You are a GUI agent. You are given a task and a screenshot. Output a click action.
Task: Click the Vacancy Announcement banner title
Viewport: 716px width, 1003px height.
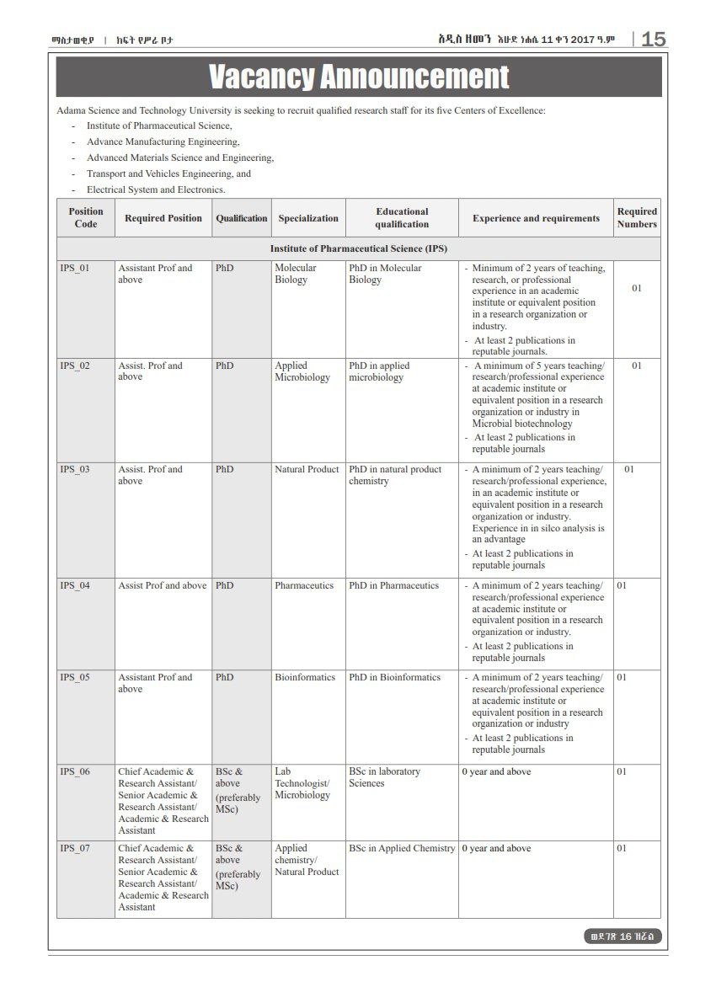pyautogui.click(x=359, y=77)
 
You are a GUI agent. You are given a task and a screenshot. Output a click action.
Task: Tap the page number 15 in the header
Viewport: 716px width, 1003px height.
pyautogui.click(x=653, y=40)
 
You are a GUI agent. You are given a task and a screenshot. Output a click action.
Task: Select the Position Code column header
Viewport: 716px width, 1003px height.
pyautogui.click(x=86, y=218)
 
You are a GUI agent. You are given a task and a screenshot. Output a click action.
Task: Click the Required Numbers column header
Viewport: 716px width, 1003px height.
pyautogui.click(x=637, y=218)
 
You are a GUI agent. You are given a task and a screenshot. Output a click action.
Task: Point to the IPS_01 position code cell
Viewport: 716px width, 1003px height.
pyautogui.click(x=75, y=269)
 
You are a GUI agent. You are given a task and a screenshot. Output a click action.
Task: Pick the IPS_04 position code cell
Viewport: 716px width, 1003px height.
pyautogui.click(x=75, y=586)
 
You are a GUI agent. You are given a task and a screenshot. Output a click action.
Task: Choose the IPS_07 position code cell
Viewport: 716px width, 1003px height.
pyautogui.click(x=75, y=849)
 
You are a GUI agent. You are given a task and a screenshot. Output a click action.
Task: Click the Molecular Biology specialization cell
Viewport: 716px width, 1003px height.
pyautogui.click(x=295, y=274)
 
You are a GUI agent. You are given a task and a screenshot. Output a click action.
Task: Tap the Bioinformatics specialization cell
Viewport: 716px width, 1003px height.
pyautogui.click(x=305, y=678)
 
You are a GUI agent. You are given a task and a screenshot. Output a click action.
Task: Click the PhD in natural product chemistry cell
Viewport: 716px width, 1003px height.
pyautogui.click(x=395, y=475)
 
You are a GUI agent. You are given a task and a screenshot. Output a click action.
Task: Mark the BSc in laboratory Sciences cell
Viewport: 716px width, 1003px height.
pyautogui.click(x=384, y=777)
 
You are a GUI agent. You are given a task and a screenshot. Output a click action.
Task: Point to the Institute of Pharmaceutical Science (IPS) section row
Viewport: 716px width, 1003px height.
pyautogui.click(x=359, y=249)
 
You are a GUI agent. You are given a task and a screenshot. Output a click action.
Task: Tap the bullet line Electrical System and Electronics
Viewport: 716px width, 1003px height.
pyautogui.click(x=156, y=190)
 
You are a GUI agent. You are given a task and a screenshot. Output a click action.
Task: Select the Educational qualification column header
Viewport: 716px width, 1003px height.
pyautogui.click(x=402, y=218)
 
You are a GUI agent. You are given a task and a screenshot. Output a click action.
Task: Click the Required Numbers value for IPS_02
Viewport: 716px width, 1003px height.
pyautogui.click(x=637, y=366)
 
